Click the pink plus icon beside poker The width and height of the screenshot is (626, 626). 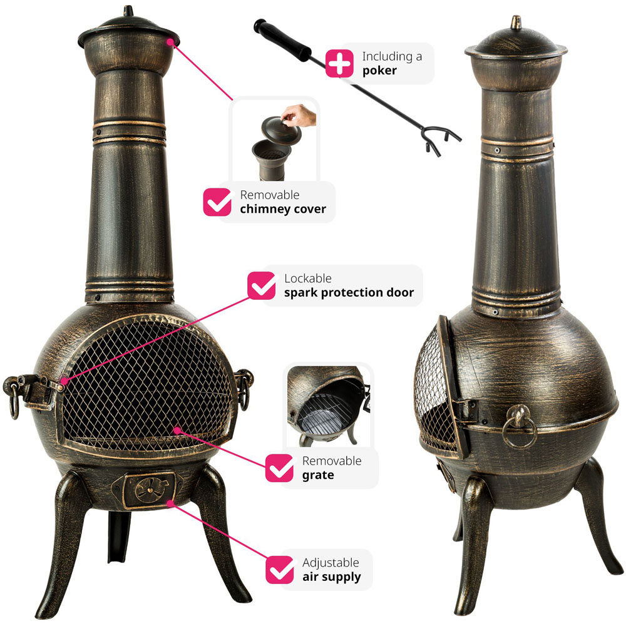point(339,63)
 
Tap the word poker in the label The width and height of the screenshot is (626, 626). point(379,71)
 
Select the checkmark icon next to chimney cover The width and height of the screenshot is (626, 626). point(217,202)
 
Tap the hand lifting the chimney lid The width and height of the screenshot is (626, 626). point(299,115)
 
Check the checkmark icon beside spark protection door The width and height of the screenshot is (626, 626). point(262,285)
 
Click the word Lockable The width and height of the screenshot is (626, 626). point(308,279)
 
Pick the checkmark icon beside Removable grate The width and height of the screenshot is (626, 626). point(279,468)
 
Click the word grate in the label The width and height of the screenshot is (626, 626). point(318,475)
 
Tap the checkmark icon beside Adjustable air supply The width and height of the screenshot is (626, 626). point(279,570)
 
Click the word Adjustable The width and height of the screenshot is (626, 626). point(331,563)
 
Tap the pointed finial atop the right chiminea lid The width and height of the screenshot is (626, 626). point(516,23)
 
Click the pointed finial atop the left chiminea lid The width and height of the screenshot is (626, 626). point(128,11)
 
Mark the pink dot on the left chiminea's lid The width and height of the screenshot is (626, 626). point(170,41)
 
